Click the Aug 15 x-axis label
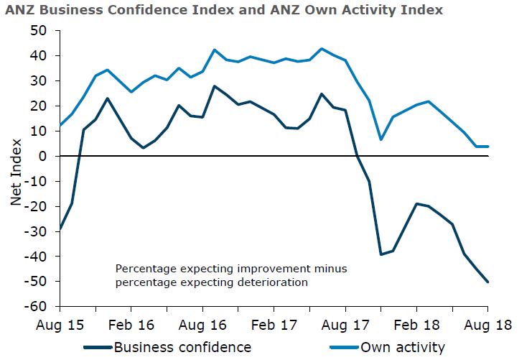click(x=60, y=324)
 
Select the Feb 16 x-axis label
click(x=131, y=324)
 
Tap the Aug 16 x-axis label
click(x=202, y=324)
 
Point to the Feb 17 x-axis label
click(x=274, y=324)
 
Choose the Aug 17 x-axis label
click(x=345, y=324)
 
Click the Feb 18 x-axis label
click(x=416, y=324)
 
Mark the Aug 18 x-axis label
click(x=488, y=324)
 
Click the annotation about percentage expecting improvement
click(x=231, y=275)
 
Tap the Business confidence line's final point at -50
click(x=488, y=282)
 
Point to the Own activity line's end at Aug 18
click(x=488, y=147)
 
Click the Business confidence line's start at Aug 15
click(x=60, y=229)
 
